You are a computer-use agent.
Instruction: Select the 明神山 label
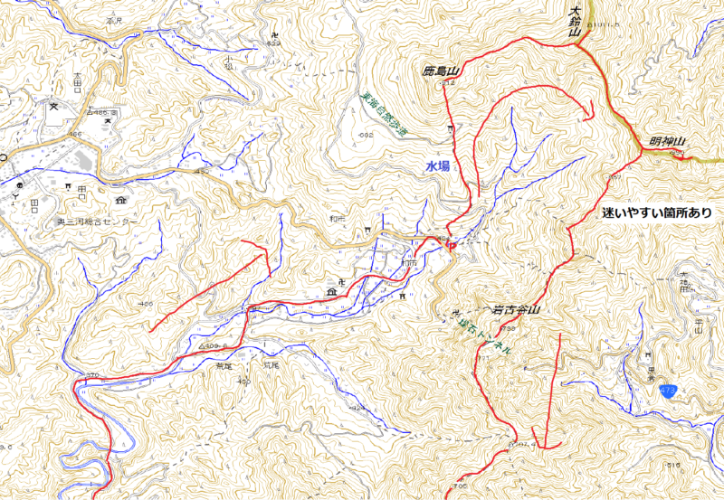click(x=668, y=142)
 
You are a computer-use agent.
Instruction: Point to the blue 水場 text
click(x=438, y=166)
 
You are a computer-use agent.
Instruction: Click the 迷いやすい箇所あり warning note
click(x=656, y=213)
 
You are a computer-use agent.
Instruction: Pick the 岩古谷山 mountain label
click(x=515, y=310)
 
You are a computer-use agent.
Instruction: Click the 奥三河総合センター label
click(x=98, y=222)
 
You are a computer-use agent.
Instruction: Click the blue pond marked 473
click(x=668, y=390)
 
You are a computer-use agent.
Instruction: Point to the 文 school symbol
click(x=53, y=106)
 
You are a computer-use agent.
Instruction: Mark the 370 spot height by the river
click(x=90, y=373)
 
